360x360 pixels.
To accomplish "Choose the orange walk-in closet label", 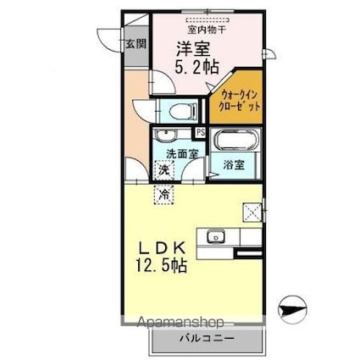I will [235, 102].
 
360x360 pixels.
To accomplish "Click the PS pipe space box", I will [201, 131].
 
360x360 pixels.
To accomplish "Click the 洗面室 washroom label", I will [181, 154].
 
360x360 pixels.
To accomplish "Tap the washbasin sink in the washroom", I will [164, 138].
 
